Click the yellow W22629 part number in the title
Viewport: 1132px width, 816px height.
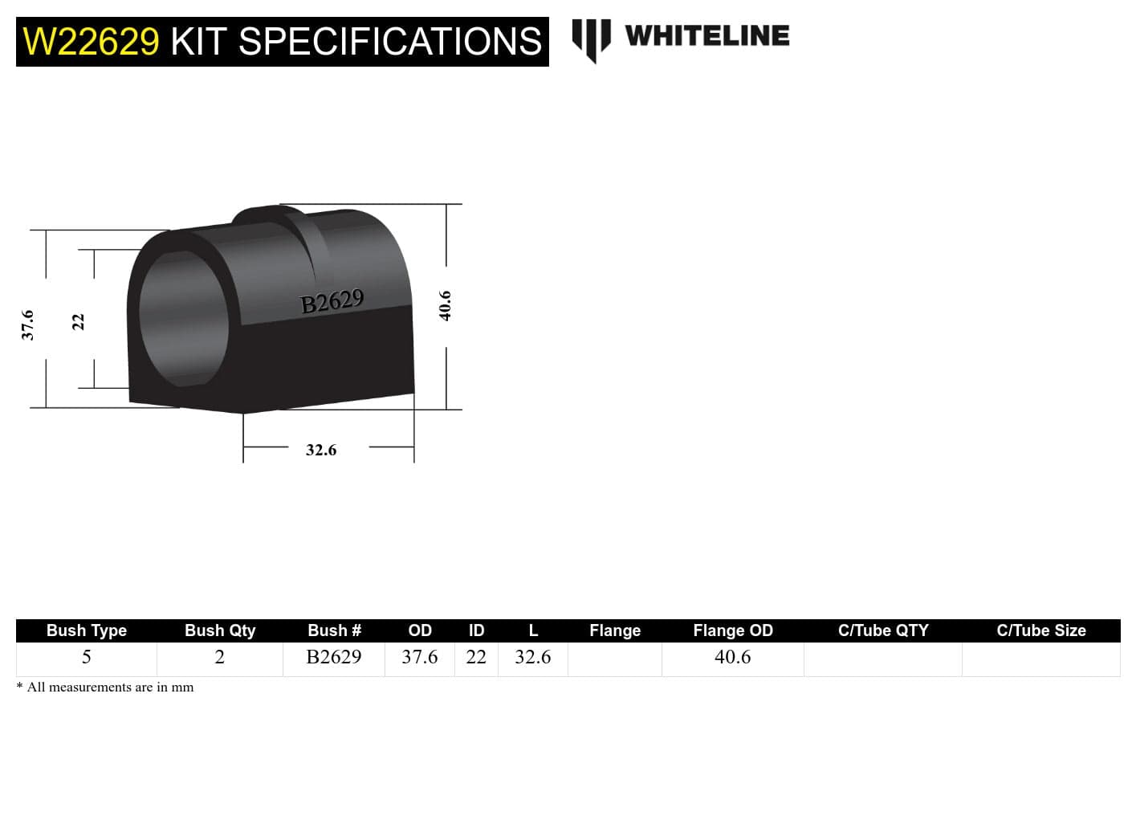pos(91,42)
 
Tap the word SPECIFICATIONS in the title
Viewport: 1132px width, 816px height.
pos(390,42)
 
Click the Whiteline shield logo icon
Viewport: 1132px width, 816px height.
pos(591,39)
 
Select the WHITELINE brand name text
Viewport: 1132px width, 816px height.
pos(706,36)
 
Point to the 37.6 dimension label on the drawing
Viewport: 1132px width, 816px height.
pos(27,324)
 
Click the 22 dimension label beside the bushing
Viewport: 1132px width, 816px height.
pos(78,321)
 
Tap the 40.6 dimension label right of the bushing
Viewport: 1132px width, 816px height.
pos(445,306)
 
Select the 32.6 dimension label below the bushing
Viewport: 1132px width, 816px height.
pos(320,450)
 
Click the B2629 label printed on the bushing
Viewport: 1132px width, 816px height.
pos(332,302)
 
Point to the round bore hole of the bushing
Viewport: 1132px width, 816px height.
pos(183,319)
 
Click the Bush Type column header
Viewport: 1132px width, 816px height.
pos(87,630)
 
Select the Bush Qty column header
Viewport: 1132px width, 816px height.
pos(220,630)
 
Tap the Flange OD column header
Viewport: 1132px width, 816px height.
pos(732,630)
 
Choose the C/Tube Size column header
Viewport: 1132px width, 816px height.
pos(1040,630)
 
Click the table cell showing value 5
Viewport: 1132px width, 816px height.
pos(87,657)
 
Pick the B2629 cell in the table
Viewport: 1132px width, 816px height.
pos(334,657)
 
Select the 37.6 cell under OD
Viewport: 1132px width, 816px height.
pos(420,657)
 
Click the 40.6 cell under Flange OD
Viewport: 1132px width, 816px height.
pos(732,657)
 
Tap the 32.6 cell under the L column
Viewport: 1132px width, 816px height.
pos(533,657)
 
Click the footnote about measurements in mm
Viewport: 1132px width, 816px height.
pos(105,687)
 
